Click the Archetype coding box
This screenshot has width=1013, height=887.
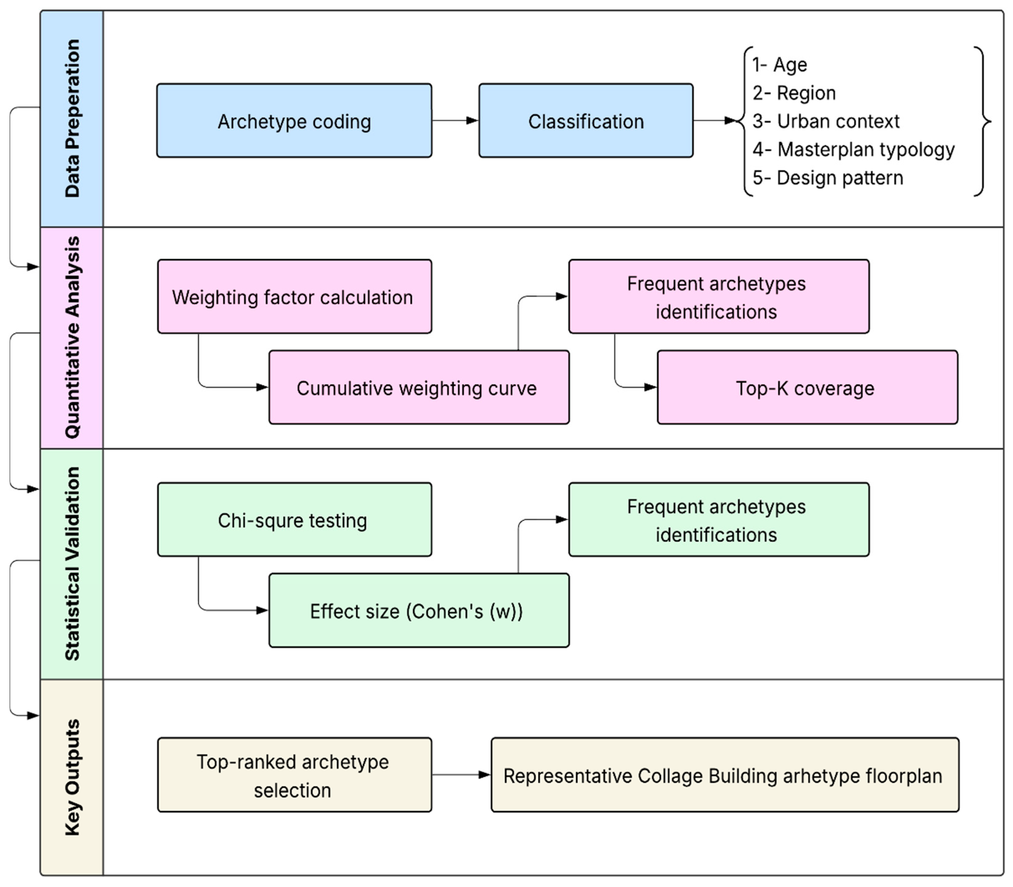[294, 121]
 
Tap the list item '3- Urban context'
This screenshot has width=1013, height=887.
[825, 121]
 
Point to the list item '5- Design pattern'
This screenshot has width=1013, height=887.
[827, 178]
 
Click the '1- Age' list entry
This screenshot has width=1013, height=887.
[780, 65]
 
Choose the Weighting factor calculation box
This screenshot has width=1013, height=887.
[294, 297]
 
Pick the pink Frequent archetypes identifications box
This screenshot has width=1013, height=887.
[719, 297]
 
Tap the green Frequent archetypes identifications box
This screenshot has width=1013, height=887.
[719, 520]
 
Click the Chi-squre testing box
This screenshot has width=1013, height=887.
[294, 520]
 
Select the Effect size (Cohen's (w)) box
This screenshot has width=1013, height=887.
[419, 611]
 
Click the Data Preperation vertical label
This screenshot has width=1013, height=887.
[72, 119]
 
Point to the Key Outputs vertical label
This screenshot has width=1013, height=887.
[72, 777]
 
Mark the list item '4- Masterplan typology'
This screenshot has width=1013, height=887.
[853, 150]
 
